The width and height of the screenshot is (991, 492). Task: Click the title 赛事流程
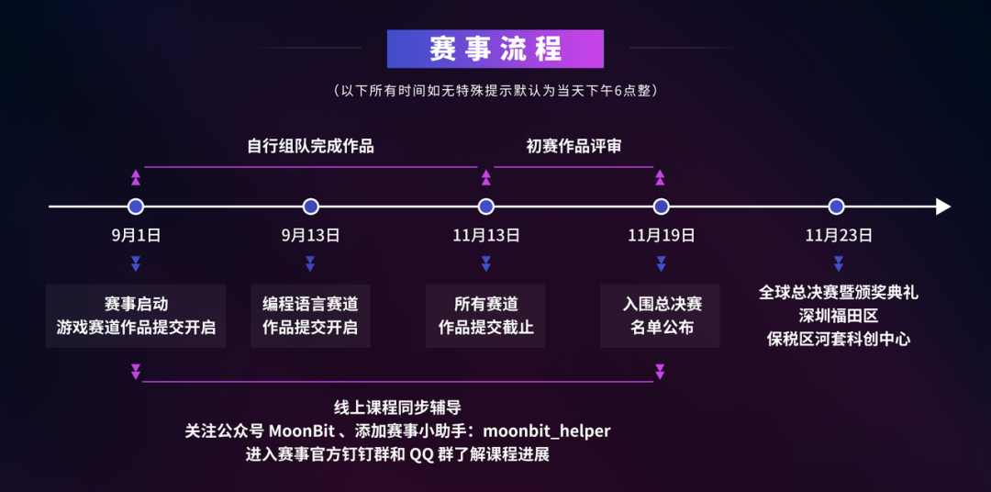[x=495, y=49]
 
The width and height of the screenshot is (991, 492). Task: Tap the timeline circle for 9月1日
[x=136, y=207]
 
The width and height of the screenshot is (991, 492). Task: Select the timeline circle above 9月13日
[x=310, y=207]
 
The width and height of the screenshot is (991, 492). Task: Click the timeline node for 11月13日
[x=485, y=207]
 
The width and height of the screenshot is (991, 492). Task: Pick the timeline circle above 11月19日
[x=661, y=207]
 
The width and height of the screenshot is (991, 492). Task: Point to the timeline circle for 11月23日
[x=836, y=207]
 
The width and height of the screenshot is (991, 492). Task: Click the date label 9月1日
[x=136, y=236]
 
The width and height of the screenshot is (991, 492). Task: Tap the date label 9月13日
[x=310, y=236]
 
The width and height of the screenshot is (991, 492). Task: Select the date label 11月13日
[x=485, y=236]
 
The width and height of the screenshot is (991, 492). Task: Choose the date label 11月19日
[x=661, y=236]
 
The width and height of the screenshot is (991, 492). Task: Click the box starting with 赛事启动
[x=136, y=316]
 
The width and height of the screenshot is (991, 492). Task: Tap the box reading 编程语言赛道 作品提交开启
[x=310, y=316]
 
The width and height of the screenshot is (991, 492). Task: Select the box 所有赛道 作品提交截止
[x=485, y=316]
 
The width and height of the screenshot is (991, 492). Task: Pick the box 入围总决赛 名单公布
[x=661, y=316]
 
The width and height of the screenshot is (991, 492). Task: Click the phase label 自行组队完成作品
[x=310, y=146]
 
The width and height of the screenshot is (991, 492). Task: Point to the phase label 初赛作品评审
[x=573, y=146]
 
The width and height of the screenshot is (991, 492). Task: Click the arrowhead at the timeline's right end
[x=942, y=207]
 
